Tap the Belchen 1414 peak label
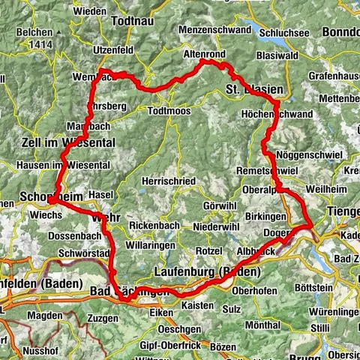[37, 39]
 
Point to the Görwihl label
[218, 206]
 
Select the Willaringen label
[151, 245]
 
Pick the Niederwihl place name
[217, 226]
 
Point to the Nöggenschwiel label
[310, 154]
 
